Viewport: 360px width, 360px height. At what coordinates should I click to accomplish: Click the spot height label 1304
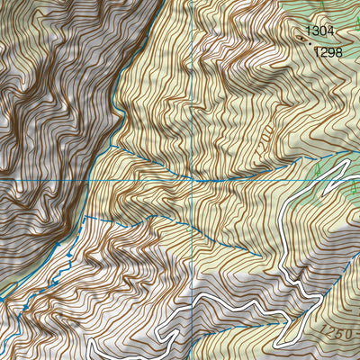(x=319, y=31)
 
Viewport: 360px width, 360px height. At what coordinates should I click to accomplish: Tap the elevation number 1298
(x=328, y=52)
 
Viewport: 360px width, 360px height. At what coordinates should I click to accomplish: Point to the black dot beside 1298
(x=310, y=46)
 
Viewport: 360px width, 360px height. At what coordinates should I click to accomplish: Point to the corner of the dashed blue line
(x=85, y=219)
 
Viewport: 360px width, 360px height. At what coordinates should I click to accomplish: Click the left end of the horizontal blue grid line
(x=2, y=180)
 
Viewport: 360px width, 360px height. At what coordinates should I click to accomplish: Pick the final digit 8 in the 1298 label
(x=339, y=52)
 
